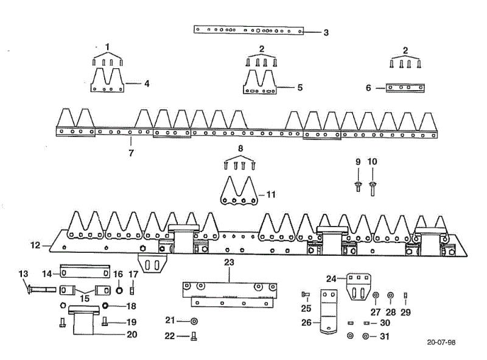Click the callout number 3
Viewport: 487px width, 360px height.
coord(326,33)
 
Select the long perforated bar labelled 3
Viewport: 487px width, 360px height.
coord(249,30)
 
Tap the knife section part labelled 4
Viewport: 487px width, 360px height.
coord(107,80)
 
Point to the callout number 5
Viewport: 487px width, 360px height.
coord(300,87)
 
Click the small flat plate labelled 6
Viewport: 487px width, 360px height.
coord(405,88)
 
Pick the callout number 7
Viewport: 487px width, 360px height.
coord(131,153)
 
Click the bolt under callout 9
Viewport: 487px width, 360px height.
coord(358,186)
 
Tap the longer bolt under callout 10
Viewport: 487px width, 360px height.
coord(373,188)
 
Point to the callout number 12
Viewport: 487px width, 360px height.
coord(35,245)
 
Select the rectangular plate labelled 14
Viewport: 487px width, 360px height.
coord(85,271)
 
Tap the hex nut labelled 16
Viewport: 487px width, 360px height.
coord(119,291)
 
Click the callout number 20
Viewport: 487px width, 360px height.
coord(132,334)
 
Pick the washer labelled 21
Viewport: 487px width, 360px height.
coord(194,321)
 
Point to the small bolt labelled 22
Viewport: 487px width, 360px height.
coord(194,336)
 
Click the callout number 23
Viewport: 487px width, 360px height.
coord(229,263)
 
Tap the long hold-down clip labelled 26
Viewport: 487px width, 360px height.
coord(329,311)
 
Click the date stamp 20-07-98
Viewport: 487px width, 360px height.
coord(441,342)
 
